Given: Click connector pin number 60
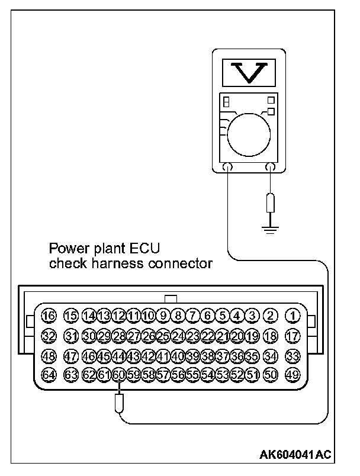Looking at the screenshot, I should click(x=118, y=374).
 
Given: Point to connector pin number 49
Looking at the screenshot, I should click(x=292, y=374).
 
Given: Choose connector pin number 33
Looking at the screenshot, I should click(x=292, y=356).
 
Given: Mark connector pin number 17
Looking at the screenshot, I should click(x=292, y=336).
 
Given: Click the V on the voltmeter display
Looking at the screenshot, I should click(x=249, y=73).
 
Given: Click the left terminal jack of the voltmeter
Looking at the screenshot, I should click(x=227, y=168).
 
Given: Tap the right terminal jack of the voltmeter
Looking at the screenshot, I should click(x=271, y=168).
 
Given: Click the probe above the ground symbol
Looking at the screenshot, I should click(x=271, y=202).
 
